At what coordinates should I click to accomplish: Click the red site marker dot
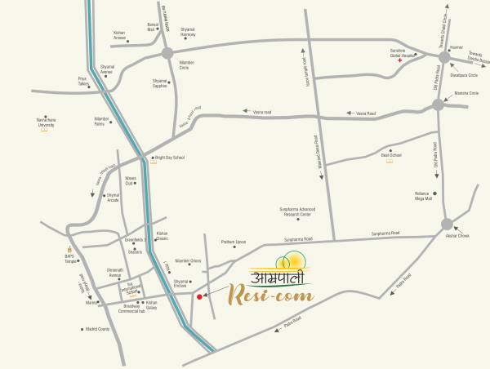tap(199, 297)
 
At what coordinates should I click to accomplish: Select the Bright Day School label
tap(169, 158)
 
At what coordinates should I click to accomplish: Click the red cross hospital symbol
tap(399, 60)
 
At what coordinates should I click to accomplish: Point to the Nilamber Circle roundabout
tap(167, 53)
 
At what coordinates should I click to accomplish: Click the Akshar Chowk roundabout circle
tap(447, 224)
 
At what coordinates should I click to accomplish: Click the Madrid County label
tap(97, 330)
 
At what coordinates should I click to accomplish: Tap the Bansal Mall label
tap(153, 28)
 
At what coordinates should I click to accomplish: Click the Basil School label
tap(390, 154)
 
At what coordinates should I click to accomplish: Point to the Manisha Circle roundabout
tap(439, 104)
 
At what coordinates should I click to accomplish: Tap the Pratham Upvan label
tap(234, 242)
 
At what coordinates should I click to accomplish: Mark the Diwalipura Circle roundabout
tap(443, 57)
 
